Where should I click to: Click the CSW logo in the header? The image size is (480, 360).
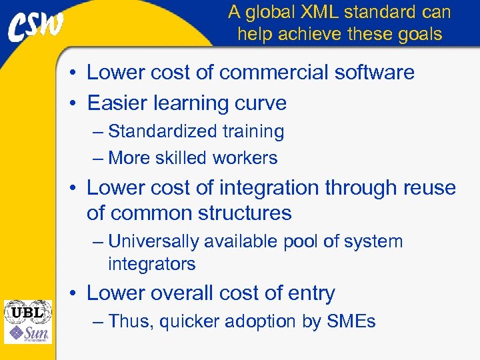(37, 27)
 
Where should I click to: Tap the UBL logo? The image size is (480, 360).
(28, 311)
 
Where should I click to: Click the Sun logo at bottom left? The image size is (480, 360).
(28, 333)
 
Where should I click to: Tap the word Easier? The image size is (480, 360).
(118, 103)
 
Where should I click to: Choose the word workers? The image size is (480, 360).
(244, 158)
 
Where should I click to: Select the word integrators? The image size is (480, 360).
(151, 264)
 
